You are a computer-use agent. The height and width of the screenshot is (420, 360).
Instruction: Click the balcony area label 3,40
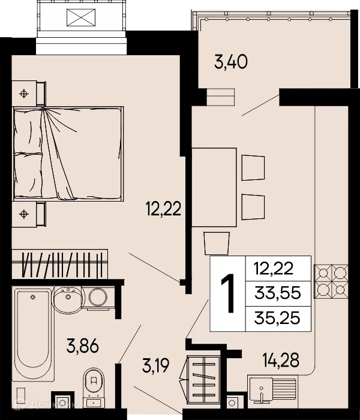pos(230,61)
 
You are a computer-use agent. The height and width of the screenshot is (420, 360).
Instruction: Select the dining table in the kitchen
pos(214,187)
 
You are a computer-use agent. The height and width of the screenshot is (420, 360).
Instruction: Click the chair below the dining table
pos(216,243)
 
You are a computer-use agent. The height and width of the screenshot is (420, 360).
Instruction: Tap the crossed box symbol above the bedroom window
pos(80,17)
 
